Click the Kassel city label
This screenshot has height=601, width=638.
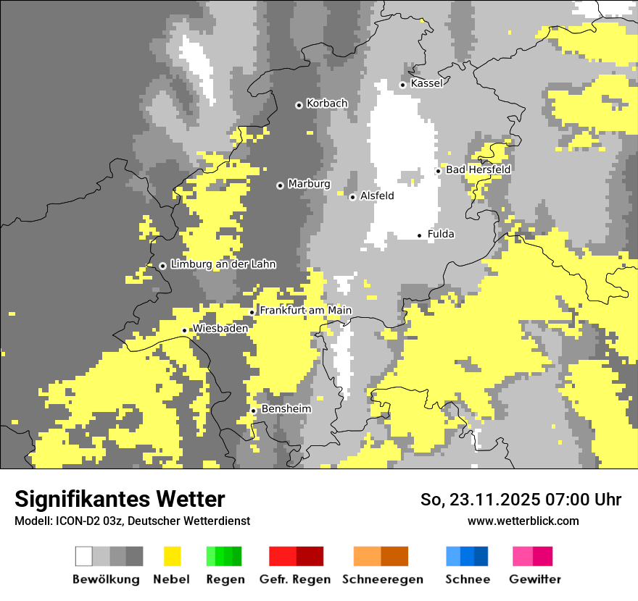[x=426, y=83]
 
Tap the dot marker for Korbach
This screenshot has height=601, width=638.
[x=299, y=105]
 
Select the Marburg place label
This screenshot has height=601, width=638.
[x=309, y=184]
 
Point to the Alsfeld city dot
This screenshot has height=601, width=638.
[x=352, y=197]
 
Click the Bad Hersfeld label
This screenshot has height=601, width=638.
[x=478, y=169]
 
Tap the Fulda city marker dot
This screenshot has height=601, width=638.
[x=419, y=235]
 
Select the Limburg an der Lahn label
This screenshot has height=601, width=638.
[x=223, y=264]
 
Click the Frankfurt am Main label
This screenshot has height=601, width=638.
[x=305, y=311]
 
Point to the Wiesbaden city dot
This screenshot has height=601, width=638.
[x=184, y=330]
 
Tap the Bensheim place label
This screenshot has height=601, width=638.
[x=286, y=409]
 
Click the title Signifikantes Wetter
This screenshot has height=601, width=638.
[x=120, y=499]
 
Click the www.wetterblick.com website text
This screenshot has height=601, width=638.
[x=523, y=521]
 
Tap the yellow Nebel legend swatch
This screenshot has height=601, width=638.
[x=172, y=556]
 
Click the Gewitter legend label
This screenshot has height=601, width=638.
[x=534, y=579]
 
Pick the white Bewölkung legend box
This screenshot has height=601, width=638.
[x=84, y=556]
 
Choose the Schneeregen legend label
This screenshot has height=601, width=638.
[x=382, y=579]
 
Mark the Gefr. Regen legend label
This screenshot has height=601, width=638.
[x=295, y=579]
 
